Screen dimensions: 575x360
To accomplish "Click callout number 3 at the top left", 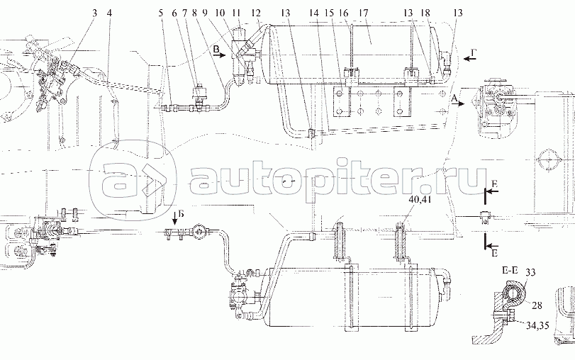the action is click(95, 13).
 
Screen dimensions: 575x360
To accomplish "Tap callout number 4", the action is click(109, 13).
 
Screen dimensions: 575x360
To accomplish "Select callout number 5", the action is click(161, 13).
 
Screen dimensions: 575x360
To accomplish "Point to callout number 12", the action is click(256, 13).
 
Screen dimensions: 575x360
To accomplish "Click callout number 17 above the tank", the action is click(364, 13).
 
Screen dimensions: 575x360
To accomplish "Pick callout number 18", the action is click(425, 13).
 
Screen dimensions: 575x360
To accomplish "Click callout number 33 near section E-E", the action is click(530, 272).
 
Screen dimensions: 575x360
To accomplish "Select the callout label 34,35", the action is click(537, 325).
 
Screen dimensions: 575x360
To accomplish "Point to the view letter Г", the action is click(474, 54).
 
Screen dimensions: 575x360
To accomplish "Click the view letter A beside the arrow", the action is click(454, 98).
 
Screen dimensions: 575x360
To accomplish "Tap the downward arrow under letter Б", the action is click(175, 218).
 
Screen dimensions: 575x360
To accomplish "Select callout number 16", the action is click(343, 13).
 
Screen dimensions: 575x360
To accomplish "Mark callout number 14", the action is click(314, 13).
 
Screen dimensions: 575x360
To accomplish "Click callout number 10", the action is click(220, 13).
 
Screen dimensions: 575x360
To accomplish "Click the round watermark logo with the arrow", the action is click(134, 179).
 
